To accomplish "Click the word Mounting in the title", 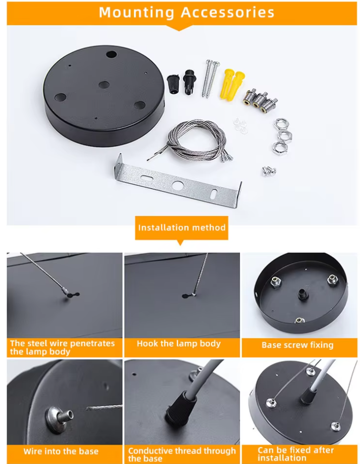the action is [136, 13].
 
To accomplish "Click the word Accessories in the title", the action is [228, 12].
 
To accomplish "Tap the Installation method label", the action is [182, 228].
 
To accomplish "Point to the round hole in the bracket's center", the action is [178, 186].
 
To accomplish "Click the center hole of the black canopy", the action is [103, 85].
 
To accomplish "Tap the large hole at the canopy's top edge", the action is [111, 54].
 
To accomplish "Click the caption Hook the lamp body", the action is [179, 344].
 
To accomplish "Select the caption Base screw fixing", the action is [298, 345].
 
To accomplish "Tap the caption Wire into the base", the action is [61, 452].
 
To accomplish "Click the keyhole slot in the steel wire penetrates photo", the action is [73, 295].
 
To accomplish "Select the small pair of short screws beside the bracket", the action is [269, 171].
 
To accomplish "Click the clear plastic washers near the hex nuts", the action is [241, 126].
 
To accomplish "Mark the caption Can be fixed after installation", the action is [296, 454].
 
